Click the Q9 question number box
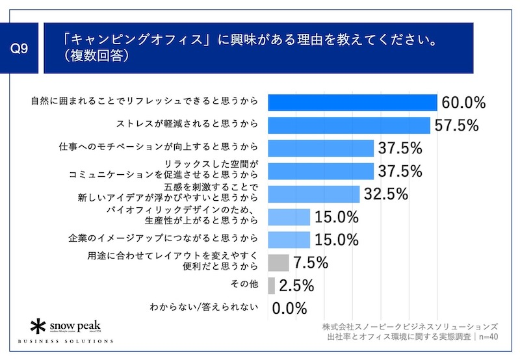coord(21,49)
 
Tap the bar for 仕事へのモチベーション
coord(320,148)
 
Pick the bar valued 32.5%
coord(313,194)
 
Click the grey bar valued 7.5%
coord(278,263)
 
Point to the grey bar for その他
coord(271,285)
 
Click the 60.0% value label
coord(464,103)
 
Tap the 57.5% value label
coord(457,125)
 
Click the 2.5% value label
coord(296,285)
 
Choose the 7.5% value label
coord(310,263)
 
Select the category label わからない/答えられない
coord(205,307)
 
